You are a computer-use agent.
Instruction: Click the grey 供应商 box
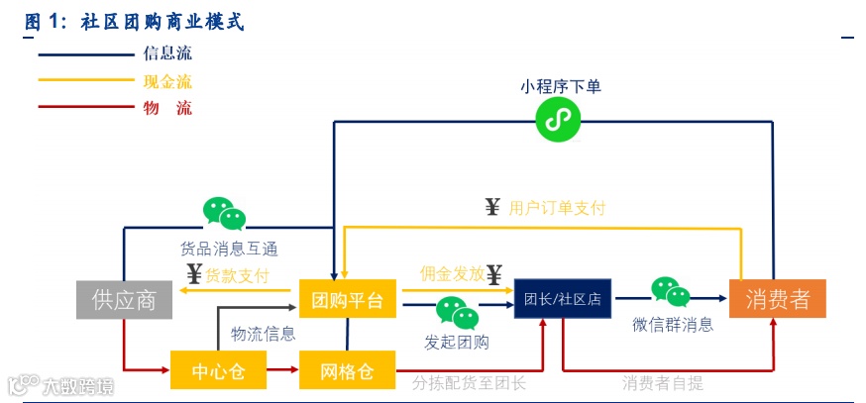pyautogui.click(x=124, y=299)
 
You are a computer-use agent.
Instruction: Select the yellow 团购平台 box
pyautogui.click(x=347, y=299)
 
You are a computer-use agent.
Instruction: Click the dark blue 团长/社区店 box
pyautogui.click(x=563, y=297)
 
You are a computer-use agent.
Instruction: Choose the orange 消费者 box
pyautogui.click(x=777, y=299)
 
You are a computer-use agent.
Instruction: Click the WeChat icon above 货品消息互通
pyautogui.click(x=224, y=213)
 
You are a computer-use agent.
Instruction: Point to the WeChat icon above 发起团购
pyautogui.click(x=457, y=313)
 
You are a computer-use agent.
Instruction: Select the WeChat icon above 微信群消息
pyautogui.click(x=671, y=292)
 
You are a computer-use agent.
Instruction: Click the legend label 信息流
pyautogui.click(x=167, y=53)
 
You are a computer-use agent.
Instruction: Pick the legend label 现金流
pyautogui.click(x=167, y=80)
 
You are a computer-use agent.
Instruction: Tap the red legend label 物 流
pyautogui.click(x=167, y=108)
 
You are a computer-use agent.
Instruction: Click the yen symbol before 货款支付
pyautogui.click(x=194, y=274)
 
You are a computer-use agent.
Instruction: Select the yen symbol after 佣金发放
pyautogui.click(x=494, y=273)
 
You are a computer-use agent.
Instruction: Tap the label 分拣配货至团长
pyautogui.click(x=469, y=382)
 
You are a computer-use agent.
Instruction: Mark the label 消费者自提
pyautogui.click(x=663, y=382)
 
